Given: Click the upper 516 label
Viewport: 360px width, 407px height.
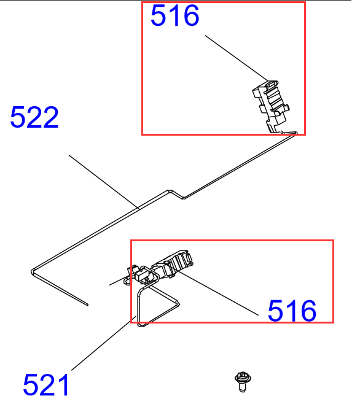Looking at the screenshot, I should tap(175, 16).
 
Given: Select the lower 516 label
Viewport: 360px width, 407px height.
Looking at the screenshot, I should tap(292, 311).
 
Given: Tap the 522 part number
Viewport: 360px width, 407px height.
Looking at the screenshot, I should tap(34, 117).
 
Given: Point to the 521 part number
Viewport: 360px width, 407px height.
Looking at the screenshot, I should tap(47, 386).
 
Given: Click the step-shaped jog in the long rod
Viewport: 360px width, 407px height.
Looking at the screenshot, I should tap(175, 194).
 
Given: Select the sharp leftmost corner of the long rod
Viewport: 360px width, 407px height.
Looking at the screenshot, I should tap(31, 269).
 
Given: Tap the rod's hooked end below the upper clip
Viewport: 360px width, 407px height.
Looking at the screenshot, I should tap(297, 134).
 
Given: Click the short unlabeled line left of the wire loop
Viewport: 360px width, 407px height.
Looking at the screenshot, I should tap(118, 282).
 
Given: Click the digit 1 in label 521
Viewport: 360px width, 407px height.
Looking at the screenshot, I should tap(63, 386).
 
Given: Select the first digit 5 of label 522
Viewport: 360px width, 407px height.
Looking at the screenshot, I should tap(18, 117).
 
